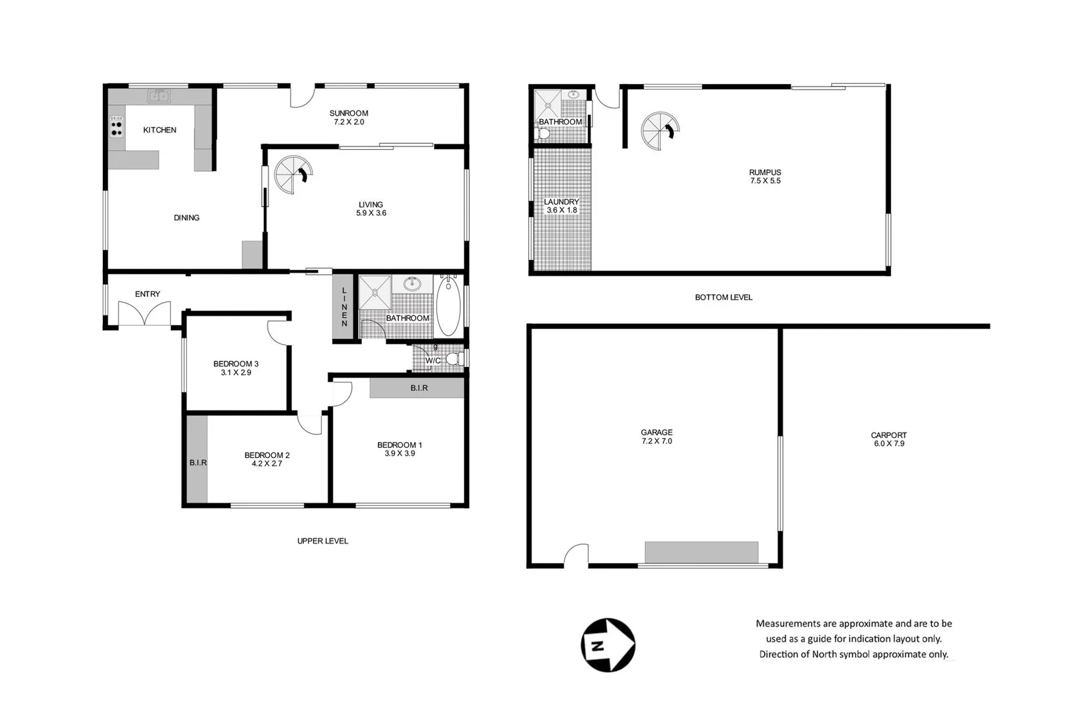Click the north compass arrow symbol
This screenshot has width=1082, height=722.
pos(607,645)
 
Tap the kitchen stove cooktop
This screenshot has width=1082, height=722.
pos(117,127)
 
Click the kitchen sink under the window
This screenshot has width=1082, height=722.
pos(159,96)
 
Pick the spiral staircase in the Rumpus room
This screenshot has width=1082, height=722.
pos(660,131)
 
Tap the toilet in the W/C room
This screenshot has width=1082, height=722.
pos(454,360)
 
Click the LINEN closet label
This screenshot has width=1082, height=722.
pos(344,307)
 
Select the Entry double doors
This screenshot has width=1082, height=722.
pos(145,314)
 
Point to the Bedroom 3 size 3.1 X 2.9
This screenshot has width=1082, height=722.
pos(236,373)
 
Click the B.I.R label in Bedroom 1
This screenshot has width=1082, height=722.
pos(419,388)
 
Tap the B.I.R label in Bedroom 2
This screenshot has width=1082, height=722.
pos(198,463)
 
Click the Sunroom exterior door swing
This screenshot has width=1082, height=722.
pos(302,98)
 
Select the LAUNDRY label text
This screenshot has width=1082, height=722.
pos(561,202)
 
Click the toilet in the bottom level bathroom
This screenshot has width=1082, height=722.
pos(544,134)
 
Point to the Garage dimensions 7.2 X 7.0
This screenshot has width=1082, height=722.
pos(657,441)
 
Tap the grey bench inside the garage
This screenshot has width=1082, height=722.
pos(701,552)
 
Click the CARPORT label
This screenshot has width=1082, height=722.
pos(888,435)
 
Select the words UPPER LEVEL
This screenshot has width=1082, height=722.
pos(323,541)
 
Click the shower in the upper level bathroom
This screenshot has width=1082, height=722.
pos(375,292)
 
